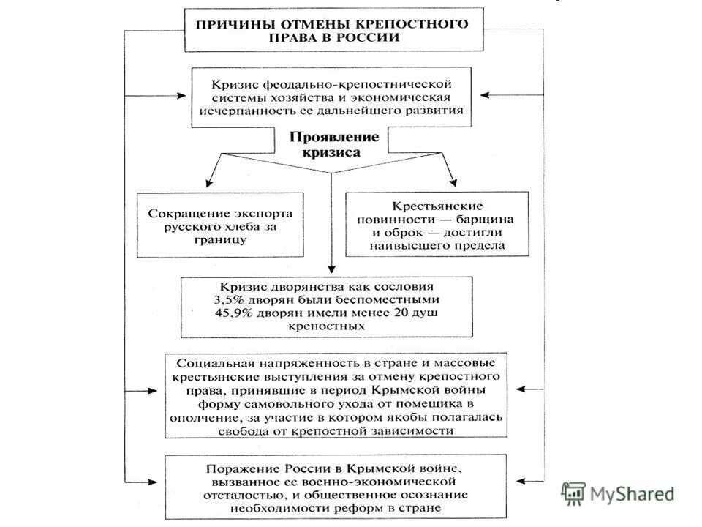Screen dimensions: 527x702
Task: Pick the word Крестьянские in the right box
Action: pyautogui.click(x=437, y=206)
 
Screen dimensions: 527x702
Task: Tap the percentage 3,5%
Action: pyautogui.click(x=229, y=300)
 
